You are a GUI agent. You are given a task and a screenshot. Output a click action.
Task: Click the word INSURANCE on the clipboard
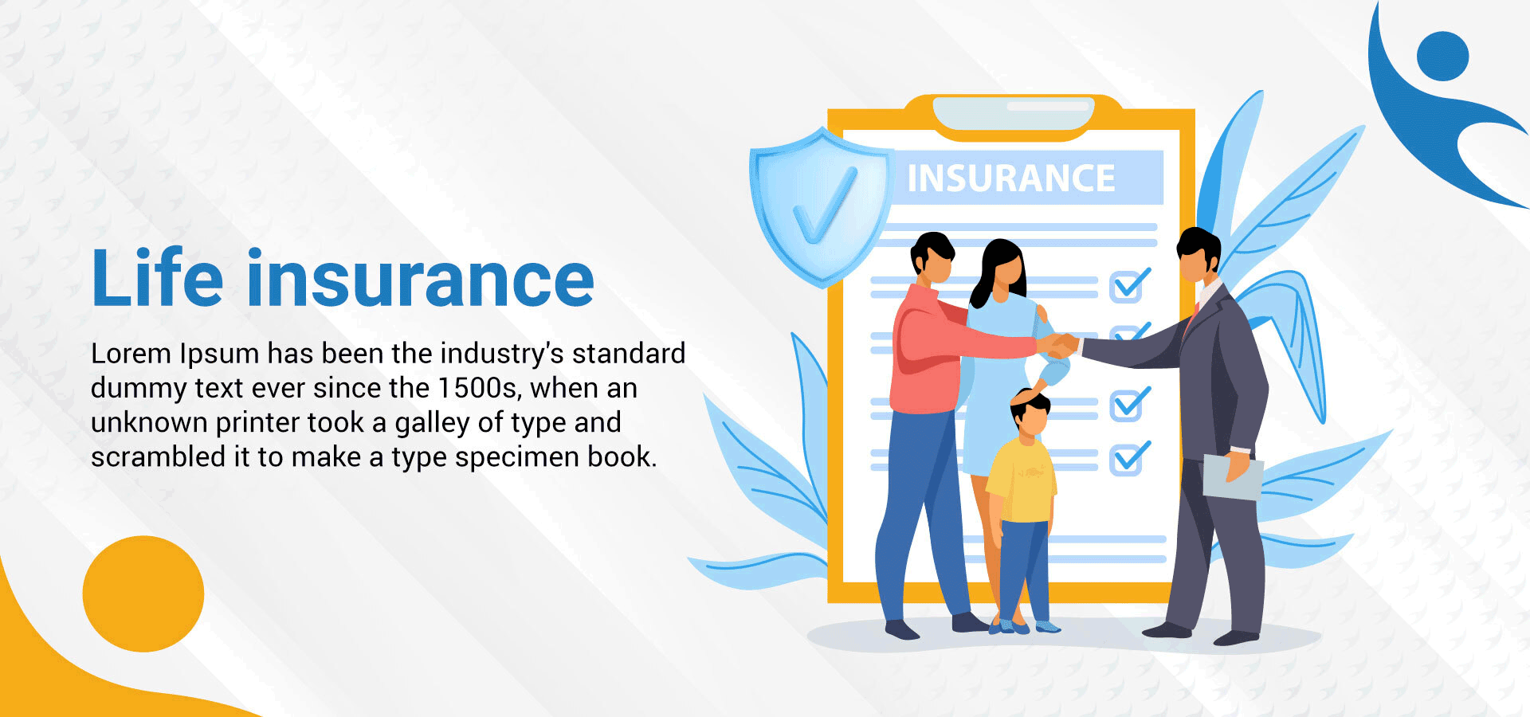[x=1011, y=178]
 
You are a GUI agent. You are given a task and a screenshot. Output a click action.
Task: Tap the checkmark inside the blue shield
[x=824, y=206]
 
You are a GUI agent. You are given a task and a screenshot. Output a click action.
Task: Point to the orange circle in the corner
[x=143, y=594]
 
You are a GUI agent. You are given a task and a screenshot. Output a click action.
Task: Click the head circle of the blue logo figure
[x=1442, y=56]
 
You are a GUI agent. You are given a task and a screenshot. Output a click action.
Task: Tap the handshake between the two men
[x=1060, y=345]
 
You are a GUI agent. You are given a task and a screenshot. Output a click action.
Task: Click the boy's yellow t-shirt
[x=1022, y=480]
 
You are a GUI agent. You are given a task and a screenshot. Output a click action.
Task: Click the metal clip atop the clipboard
[x=1014, y=113]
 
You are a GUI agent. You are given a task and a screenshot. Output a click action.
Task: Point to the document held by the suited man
[x=1232, y=476]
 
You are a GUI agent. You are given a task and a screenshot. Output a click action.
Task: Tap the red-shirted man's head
[x=932, y=257]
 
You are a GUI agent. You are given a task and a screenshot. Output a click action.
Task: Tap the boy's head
[x=1030, y=412]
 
